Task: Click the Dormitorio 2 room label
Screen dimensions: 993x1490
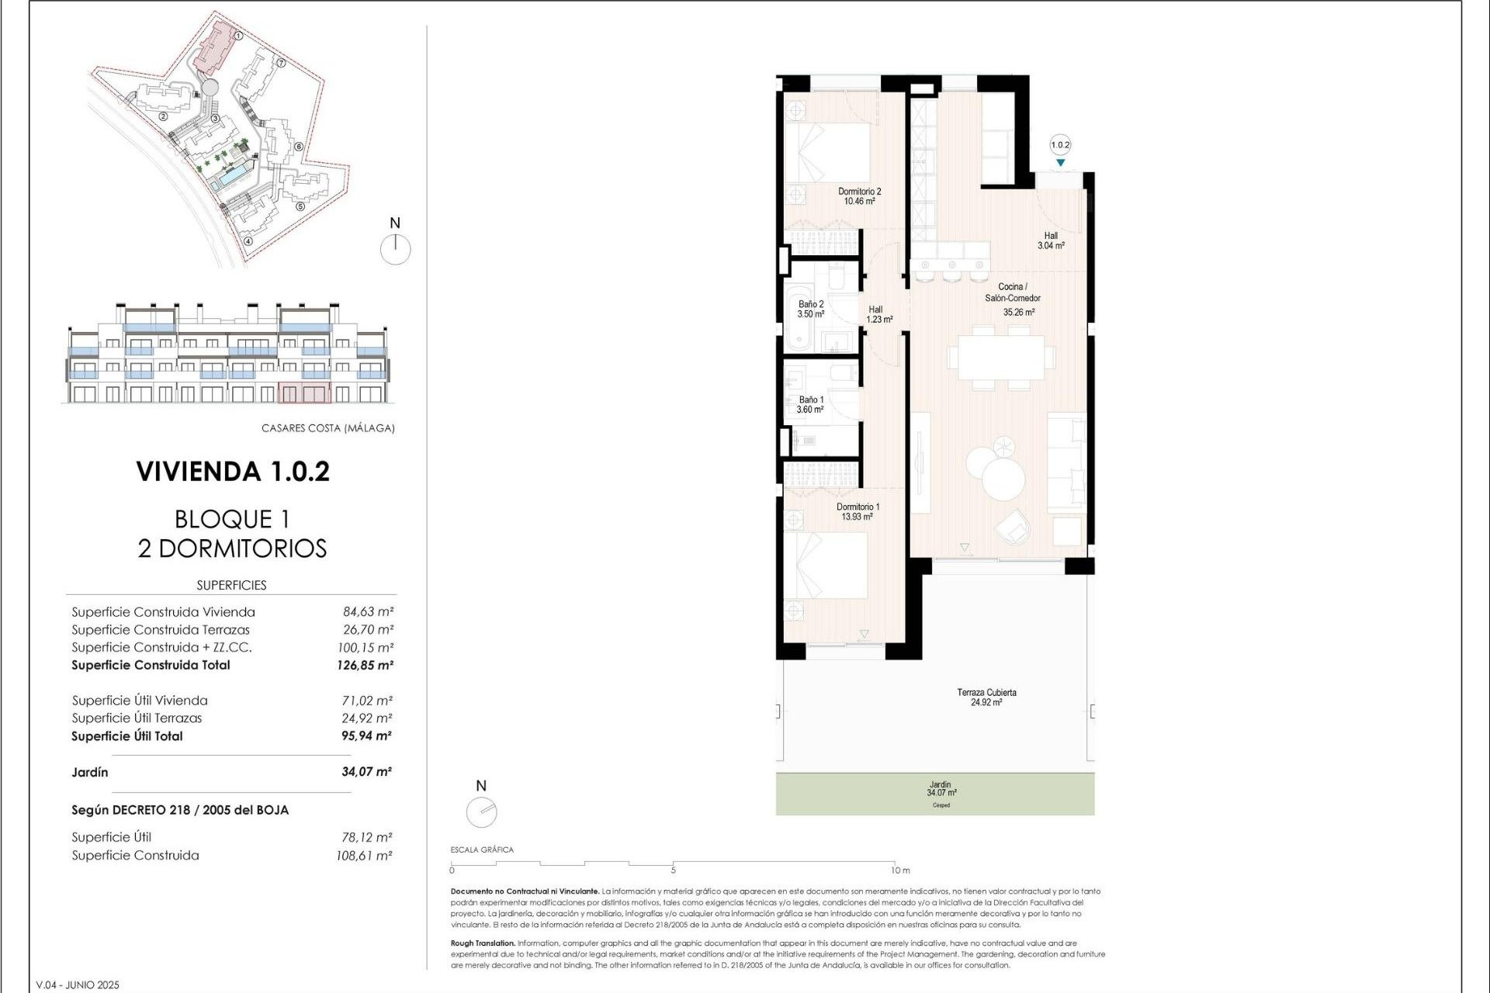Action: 859,196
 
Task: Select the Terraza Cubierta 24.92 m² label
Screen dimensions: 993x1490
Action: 986,697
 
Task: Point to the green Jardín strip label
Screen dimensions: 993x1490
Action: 941,789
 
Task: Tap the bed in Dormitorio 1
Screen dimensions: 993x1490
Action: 826,564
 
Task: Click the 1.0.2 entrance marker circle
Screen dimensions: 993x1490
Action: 1060,145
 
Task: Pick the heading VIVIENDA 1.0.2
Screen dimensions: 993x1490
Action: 233,472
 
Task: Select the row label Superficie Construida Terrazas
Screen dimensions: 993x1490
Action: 161,630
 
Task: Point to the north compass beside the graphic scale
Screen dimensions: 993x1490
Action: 481,812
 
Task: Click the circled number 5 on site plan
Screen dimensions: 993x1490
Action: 300,206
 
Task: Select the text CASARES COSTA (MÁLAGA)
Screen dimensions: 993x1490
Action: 327,428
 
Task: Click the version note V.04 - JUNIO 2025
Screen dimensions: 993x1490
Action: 78,985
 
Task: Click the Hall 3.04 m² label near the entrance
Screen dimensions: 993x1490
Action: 1051,240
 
